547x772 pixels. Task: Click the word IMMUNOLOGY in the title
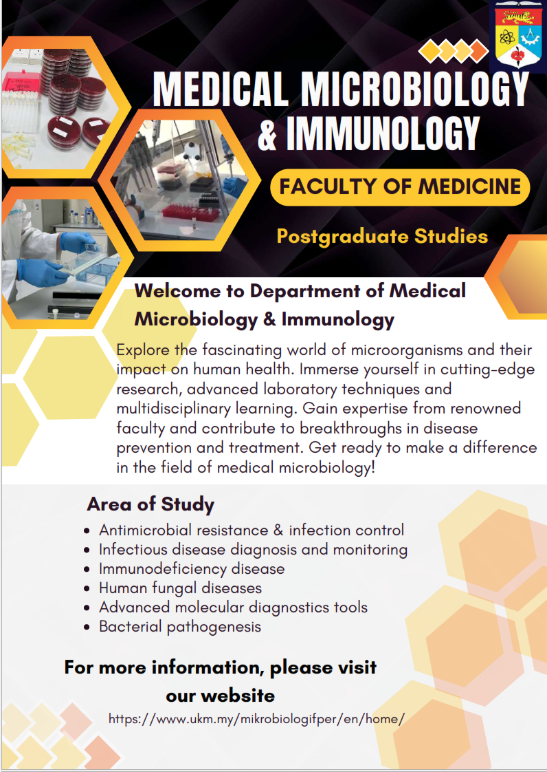coord(383,133)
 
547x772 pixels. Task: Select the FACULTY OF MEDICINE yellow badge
coord(400,186)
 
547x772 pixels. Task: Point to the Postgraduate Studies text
coord(382,237)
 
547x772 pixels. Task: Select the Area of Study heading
coord(150,504)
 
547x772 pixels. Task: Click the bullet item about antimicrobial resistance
coord(252,530)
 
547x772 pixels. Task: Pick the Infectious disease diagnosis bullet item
coord(253,550)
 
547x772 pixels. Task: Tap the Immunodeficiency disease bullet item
coord(192,569)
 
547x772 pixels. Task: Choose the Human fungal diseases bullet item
coord(180,588)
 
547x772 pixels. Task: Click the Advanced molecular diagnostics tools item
coord(233,608)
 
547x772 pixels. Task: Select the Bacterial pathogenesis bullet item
coord(180,627)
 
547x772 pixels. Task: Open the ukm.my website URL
coord(256,719)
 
